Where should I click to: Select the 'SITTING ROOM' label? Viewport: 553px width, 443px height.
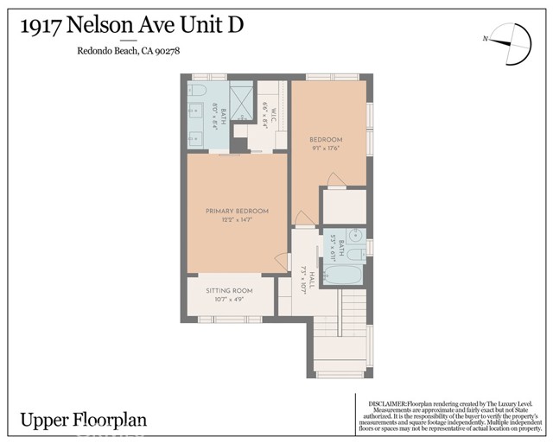point(229,291)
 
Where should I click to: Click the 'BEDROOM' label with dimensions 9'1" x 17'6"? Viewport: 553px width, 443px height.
point(327,140)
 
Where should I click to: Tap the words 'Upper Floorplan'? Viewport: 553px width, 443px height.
point(84,421)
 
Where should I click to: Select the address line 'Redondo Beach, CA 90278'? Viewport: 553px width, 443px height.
point(128,51)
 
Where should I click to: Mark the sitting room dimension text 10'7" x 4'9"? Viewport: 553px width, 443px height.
point(229,301)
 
